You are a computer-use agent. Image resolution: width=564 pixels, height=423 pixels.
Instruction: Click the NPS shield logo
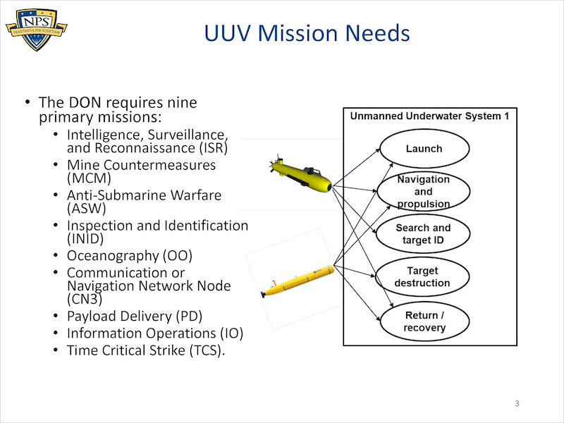click(x=37, y=30)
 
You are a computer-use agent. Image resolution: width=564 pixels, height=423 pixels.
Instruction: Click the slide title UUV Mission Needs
click(x=307, y=33)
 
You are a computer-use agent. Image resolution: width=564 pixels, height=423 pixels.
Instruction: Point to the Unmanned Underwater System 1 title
click(x=430, y=116)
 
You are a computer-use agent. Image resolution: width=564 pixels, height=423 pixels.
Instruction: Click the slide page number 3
click(x=517, y=403)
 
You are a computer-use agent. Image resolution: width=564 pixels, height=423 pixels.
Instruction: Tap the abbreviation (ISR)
click(x=214, y=148)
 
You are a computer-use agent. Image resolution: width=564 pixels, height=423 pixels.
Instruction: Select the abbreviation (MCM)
click(x=89, y=178)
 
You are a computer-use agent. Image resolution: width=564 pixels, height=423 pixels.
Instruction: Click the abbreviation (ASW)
click(x=86, y=208)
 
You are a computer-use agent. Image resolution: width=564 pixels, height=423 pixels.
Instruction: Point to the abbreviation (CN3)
click(x=85, y=299)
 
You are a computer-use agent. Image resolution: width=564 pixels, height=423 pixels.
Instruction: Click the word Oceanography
click(x=113, y=256)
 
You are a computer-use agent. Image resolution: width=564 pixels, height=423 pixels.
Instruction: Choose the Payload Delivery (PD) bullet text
click(x=135, y=316)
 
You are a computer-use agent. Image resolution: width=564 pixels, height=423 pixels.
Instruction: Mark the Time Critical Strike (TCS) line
click(x=146, y=350)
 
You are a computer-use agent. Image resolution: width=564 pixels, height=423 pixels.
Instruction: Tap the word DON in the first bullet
click(x=85, y=102)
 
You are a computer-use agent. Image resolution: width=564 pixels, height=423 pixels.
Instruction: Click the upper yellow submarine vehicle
click(x=300, y=173)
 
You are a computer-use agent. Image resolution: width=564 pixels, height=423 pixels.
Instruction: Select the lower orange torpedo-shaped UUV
click(x=298, y=281)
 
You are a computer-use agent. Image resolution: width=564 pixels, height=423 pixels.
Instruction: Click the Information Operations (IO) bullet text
click(x=155, y=333)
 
